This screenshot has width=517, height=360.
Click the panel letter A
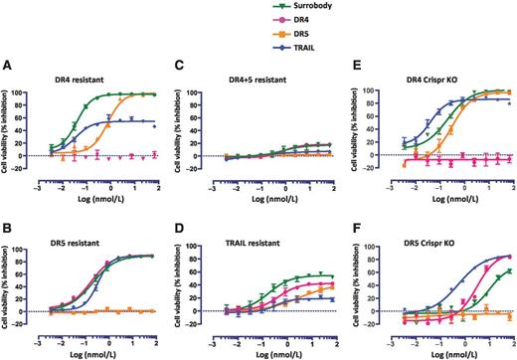pos(8,68)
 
